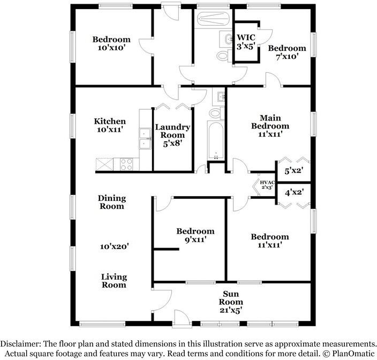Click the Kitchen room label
pos(110,125)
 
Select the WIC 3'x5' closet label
pos(247,42)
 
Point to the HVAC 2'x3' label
pos(266,185)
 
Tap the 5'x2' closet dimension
pos(294,172)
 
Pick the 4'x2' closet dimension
pos(294,192)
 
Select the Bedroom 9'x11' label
pos(195,236)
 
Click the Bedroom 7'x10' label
pos(287,52)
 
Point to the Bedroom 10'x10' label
pos(111,43)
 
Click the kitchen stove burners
pos(126,164)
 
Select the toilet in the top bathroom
pos(223,56)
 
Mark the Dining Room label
pos(111,202)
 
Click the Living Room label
pos(114,281)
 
